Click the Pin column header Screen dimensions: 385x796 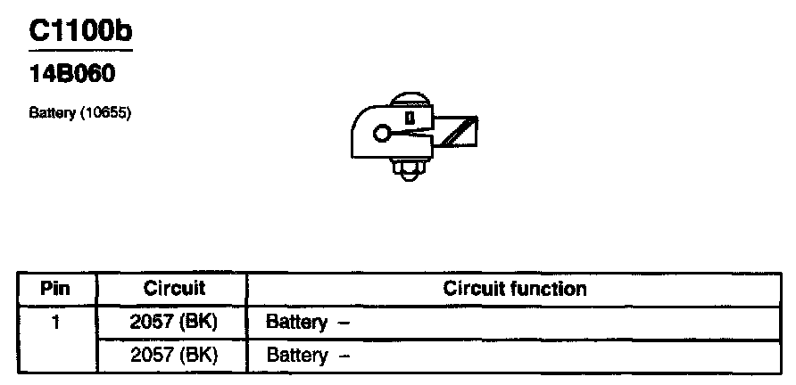(x=55, y=289)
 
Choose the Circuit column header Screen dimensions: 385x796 (x=174, y=289)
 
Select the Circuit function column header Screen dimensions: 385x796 (x=515, y=289)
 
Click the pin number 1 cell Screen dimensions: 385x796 (x=55, y=322)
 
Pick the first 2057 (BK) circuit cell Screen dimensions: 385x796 (x=174, y=322)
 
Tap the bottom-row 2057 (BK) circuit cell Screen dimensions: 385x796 (x=174, y=356)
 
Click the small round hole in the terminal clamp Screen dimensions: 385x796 (x=381, y=135)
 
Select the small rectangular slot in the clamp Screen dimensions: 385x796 (x=410, y=117)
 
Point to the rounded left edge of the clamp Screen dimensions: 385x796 (x=356, y=134)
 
